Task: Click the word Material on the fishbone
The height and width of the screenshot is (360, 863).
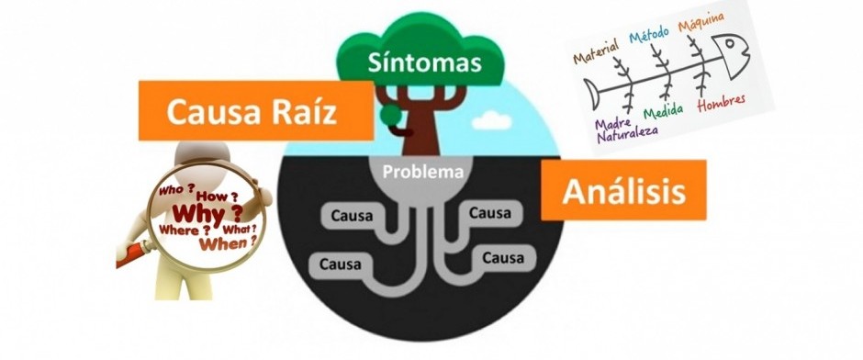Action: point(597,50)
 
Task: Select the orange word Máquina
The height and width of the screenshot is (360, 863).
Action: point(701,22)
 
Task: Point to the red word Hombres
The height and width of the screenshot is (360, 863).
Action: point(721,103)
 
